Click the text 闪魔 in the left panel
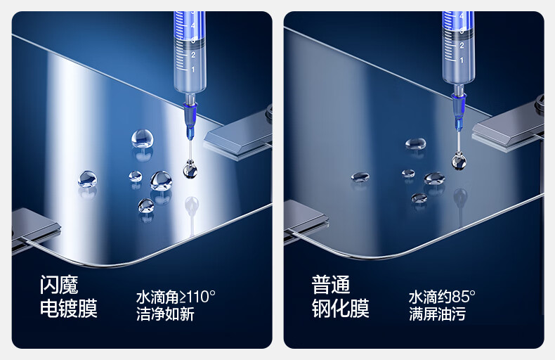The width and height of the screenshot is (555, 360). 59,285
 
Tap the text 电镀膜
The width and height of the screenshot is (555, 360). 68,308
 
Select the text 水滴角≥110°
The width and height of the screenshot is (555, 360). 176,297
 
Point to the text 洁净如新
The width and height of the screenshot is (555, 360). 165,314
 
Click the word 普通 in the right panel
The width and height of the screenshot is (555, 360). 331,285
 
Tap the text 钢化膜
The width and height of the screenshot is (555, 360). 340,308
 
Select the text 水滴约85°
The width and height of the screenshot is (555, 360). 442,297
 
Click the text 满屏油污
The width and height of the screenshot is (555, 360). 437,314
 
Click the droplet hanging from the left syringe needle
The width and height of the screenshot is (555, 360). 190,169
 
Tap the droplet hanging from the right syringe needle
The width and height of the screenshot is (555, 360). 459,160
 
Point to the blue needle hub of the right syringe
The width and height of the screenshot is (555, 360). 459,110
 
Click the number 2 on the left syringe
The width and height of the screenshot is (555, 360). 193,55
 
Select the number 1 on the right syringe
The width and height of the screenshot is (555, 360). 462,60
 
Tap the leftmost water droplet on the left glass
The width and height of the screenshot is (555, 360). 87,179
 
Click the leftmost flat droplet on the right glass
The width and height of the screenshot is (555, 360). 360,176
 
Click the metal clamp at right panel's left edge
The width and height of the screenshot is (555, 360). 306,220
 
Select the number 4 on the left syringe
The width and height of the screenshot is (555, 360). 193,25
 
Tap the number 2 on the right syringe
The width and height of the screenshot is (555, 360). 462,46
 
